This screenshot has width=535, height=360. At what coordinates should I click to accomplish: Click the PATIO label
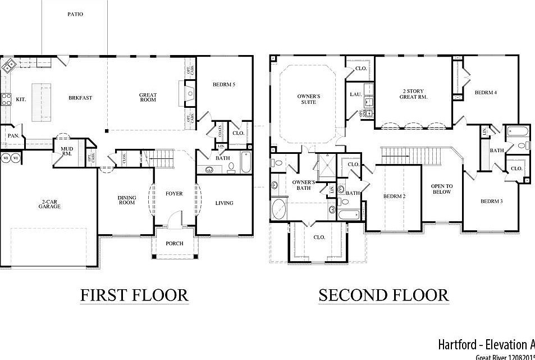(x=75, y=14)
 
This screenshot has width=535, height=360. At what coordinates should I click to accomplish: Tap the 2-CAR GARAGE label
(x=50, y=204)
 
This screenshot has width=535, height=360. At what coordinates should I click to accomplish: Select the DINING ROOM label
(x=127, y=200)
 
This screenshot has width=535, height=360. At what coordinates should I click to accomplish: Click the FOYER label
(x=174, y=194)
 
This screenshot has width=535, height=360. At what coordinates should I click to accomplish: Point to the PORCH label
(x=174, y=244)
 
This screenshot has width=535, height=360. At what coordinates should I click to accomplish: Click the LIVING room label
(x=224, y=203)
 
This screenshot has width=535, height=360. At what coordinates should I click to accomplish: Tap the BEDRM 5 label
(x=224, y=85)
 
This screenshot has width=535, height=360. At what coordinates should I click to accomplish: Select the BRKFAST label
(x=80, y=98)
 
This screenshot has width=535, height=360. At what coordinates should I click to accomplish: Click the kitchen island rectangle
(x=41, y=99)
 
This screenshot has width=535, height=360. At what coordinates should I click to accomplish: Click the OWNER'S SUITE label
(x=309, y=99)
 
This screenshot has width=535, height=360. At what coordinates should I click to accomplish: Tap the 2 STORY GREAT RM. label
(x=413, y=94)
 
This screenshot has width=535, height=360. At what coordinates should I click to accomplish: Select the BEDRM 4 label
(x=486, y=93)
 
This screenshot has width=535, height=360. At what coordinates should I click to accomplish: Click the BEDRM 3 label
(x=491, y=201)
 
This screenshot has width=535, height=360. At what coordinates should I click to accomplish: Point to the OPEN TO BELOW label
(x=441, y=189)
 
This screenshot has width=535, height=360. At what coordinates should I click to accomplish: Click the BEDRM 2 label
(x=394, y=196)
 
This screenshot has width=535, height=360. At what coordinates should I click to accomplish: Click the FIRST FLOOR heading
(x=134, y=295)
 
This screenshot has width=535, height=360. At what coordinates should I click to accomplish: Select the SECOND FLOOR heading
(x=383, y=295)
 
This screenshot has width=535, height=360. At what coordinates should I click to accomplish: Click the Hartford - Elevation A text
(x=486, y=344)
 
